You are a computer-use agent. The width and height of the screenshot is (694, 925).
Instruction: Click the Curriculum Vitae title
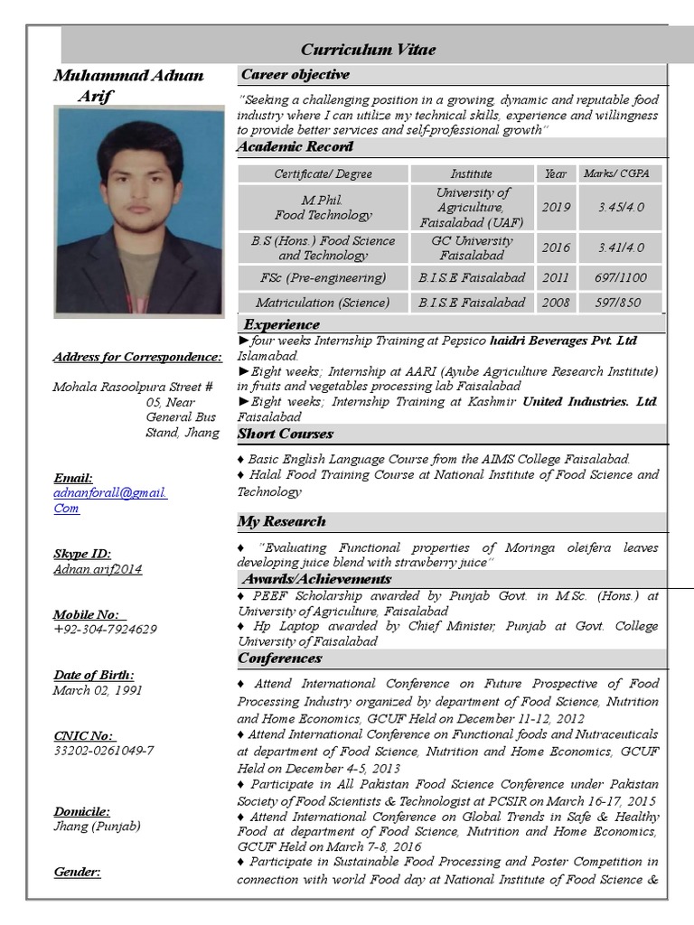point(368,50)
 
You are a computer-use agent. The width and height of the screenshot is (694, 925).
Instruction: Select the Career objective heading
point(295,74)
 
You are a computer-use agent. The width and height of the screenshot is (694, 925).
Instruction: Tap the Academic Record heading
point(295,146)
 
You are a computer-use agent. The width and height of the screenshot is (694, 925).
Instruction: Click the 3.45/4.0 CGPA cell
point(621,207)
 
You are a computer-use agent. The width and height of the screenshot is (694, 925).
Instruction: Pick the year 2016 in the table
point(556,248)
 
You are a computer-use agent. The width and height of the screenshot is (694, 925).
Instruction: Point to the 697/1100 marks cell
point(621,277)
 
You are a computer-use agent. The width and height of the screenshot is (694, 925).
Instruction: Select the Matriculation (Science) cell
point(323,303)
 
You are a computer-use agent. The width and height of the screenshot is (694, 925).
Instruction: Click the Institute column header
point(472,173)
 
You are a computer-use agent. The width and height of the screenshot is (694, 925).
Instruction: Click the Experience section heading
point(281,324)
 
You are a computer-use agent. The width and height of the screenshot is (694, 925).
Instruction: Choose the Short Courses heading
point(285,434)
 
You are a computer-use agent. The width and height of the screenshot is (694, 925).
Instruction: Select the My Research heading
point(281,521)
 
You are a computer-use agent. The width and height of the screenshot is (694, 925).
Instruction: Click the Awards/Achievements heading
point(316,579)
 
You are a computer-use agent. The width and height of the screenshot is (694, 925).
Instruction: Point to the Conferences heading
point(279,659)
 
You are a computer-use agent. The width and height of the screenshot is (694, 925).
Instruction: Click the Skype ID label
point(82,554)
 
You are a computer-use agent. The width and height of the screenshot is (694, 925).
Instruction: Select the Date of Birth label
point(93,675)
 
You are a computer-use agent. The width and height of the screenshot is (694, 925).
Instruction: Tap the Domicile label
point(81,811)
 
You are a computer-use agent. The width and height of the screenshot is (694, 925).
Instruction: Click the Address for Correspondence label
point(136,357)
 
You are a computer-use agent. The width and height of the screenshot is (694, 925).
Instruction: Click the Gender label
point(77,872)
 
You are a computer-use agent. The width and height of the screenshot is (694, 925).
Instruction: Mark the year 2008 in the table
point(556,303)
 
